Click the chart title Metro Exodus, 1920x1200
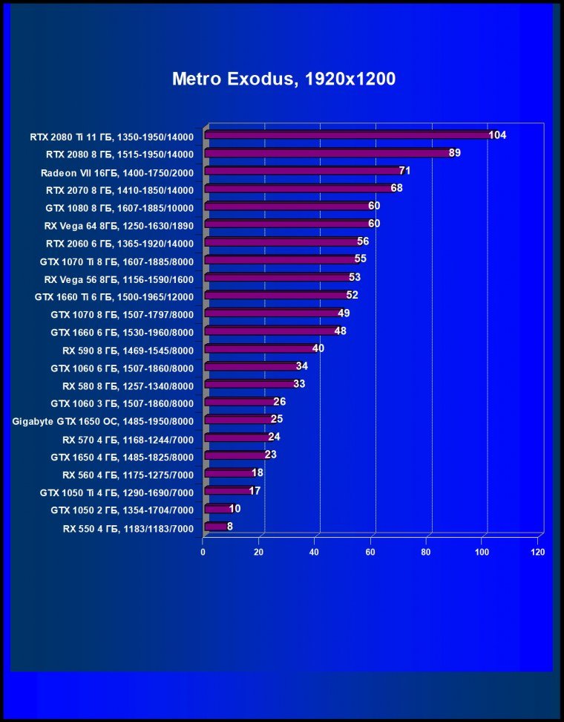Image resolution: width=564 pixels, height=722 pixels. [283, 79]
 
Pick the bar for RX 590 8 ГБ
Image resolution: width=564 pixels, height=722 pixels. [259, 348]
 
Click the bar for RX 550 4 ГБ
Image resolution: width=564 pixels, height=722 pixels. [215, 526]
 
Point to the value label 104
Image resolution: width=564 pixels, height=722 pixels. [497, 135]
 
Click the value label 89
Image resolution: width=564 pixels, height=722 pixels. [456, 153]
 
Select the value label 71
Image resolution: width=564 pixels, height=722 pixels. [405, 171]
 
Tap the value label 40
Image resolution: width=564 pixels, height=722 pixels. [318, 348]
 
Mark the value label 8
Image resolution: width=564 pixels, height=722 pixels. [230, 526]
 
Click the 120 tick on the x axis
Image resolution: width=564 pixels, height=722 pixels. [538, 553]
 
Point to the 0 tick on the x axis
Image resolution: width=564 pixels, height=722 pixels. [203, 553]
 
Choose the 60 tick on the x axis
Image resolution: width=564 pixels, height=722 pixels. [370, 553]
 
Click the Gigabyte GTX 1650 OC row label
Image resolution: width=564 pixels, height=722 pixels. [103, 421]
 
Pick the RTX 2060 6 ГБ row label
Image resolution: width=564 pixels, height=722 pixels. [119, 243]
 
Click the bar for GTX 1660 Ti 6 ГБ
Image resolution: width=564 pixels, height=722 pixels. [275, 295]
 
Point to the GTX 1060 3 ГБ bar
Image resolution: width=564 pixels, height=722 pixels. [240, 402]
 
